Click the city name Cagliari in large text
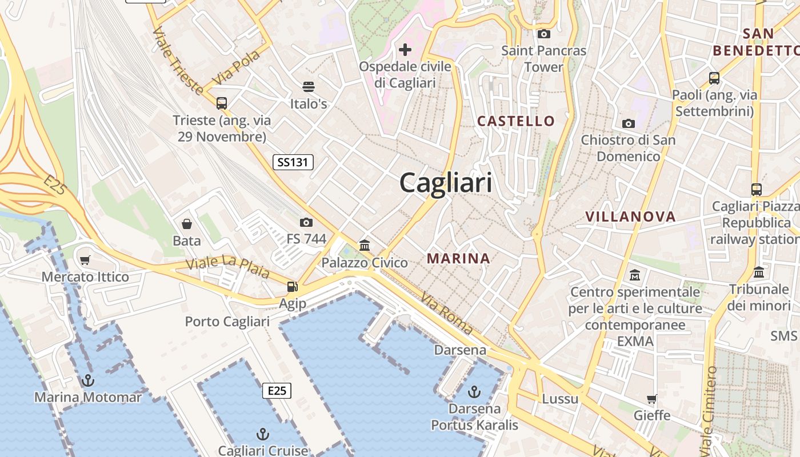446,183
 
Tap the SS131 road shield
293,162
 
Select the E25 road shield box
277,391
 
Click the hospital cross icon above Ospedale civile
405,50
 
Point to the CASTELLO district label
516,121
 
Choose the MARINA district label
458,258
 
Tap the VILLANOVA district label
630,217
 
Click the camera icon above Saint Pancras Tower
544,34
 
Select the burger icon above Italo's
309,87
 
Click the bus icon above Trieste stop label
222,103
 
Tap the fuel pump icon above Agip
292,286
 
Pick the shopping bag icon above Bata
186,223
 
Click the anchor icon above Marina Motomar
88,380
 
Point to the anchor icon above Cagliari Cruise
263,434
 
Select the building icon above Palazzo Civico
365,246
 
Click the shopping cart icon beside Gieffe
651,399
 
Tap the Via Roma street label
447,313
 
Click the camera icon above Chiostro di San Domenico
628,123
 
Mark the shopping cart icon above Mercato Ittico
85,260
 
